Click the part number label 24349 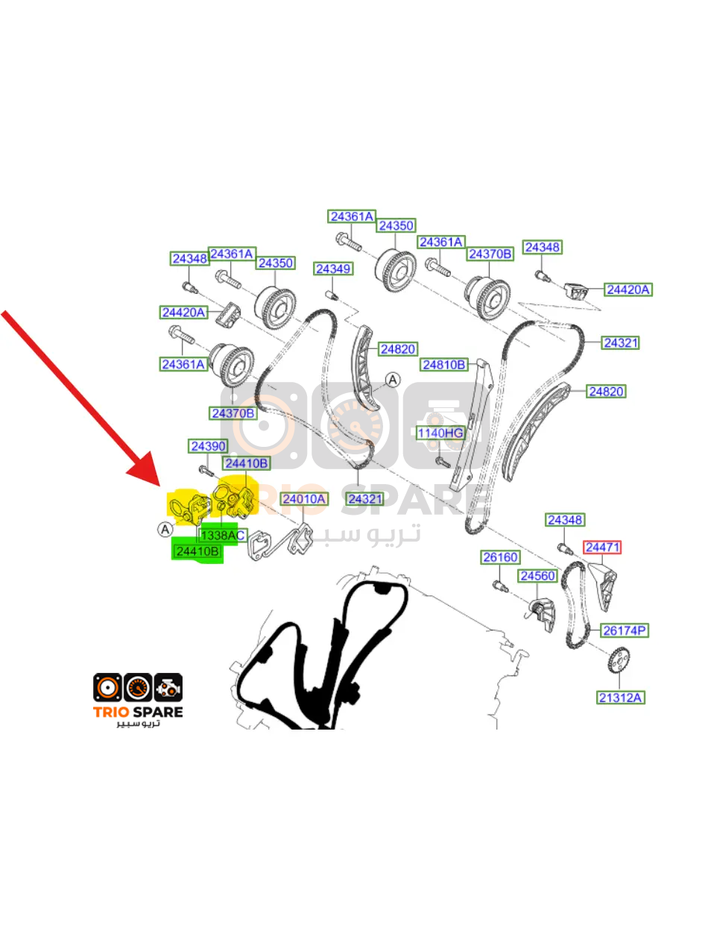coord(333,269)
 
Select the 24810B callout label coord(444,364)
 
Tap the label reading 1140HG coord(440,433)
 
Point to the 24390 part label coord(208,446)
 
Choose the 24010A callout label coord(304,499)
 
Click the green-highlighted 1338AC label coord(223,536)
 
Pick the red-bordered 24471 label coord(602,547)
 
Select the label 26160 coord(500,557)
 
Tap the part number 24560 coord(537,576)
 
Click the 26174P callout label coord(624,630)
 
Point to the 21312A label coord(621,698)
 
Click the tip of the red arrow coord(159,486)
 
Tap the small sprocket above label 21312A coord(619,659)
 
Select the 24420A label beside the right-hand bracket coord(628,289)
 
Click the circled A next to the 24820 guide coord(393,380)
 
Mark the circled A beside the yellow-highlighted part coord(165,530)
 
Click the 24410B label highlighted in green coord(197,551)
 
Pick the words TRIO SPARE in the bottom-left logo coord(138,712)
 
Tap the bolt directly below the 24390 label coord(206,471)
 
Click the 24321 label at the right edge coord(621,342)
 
